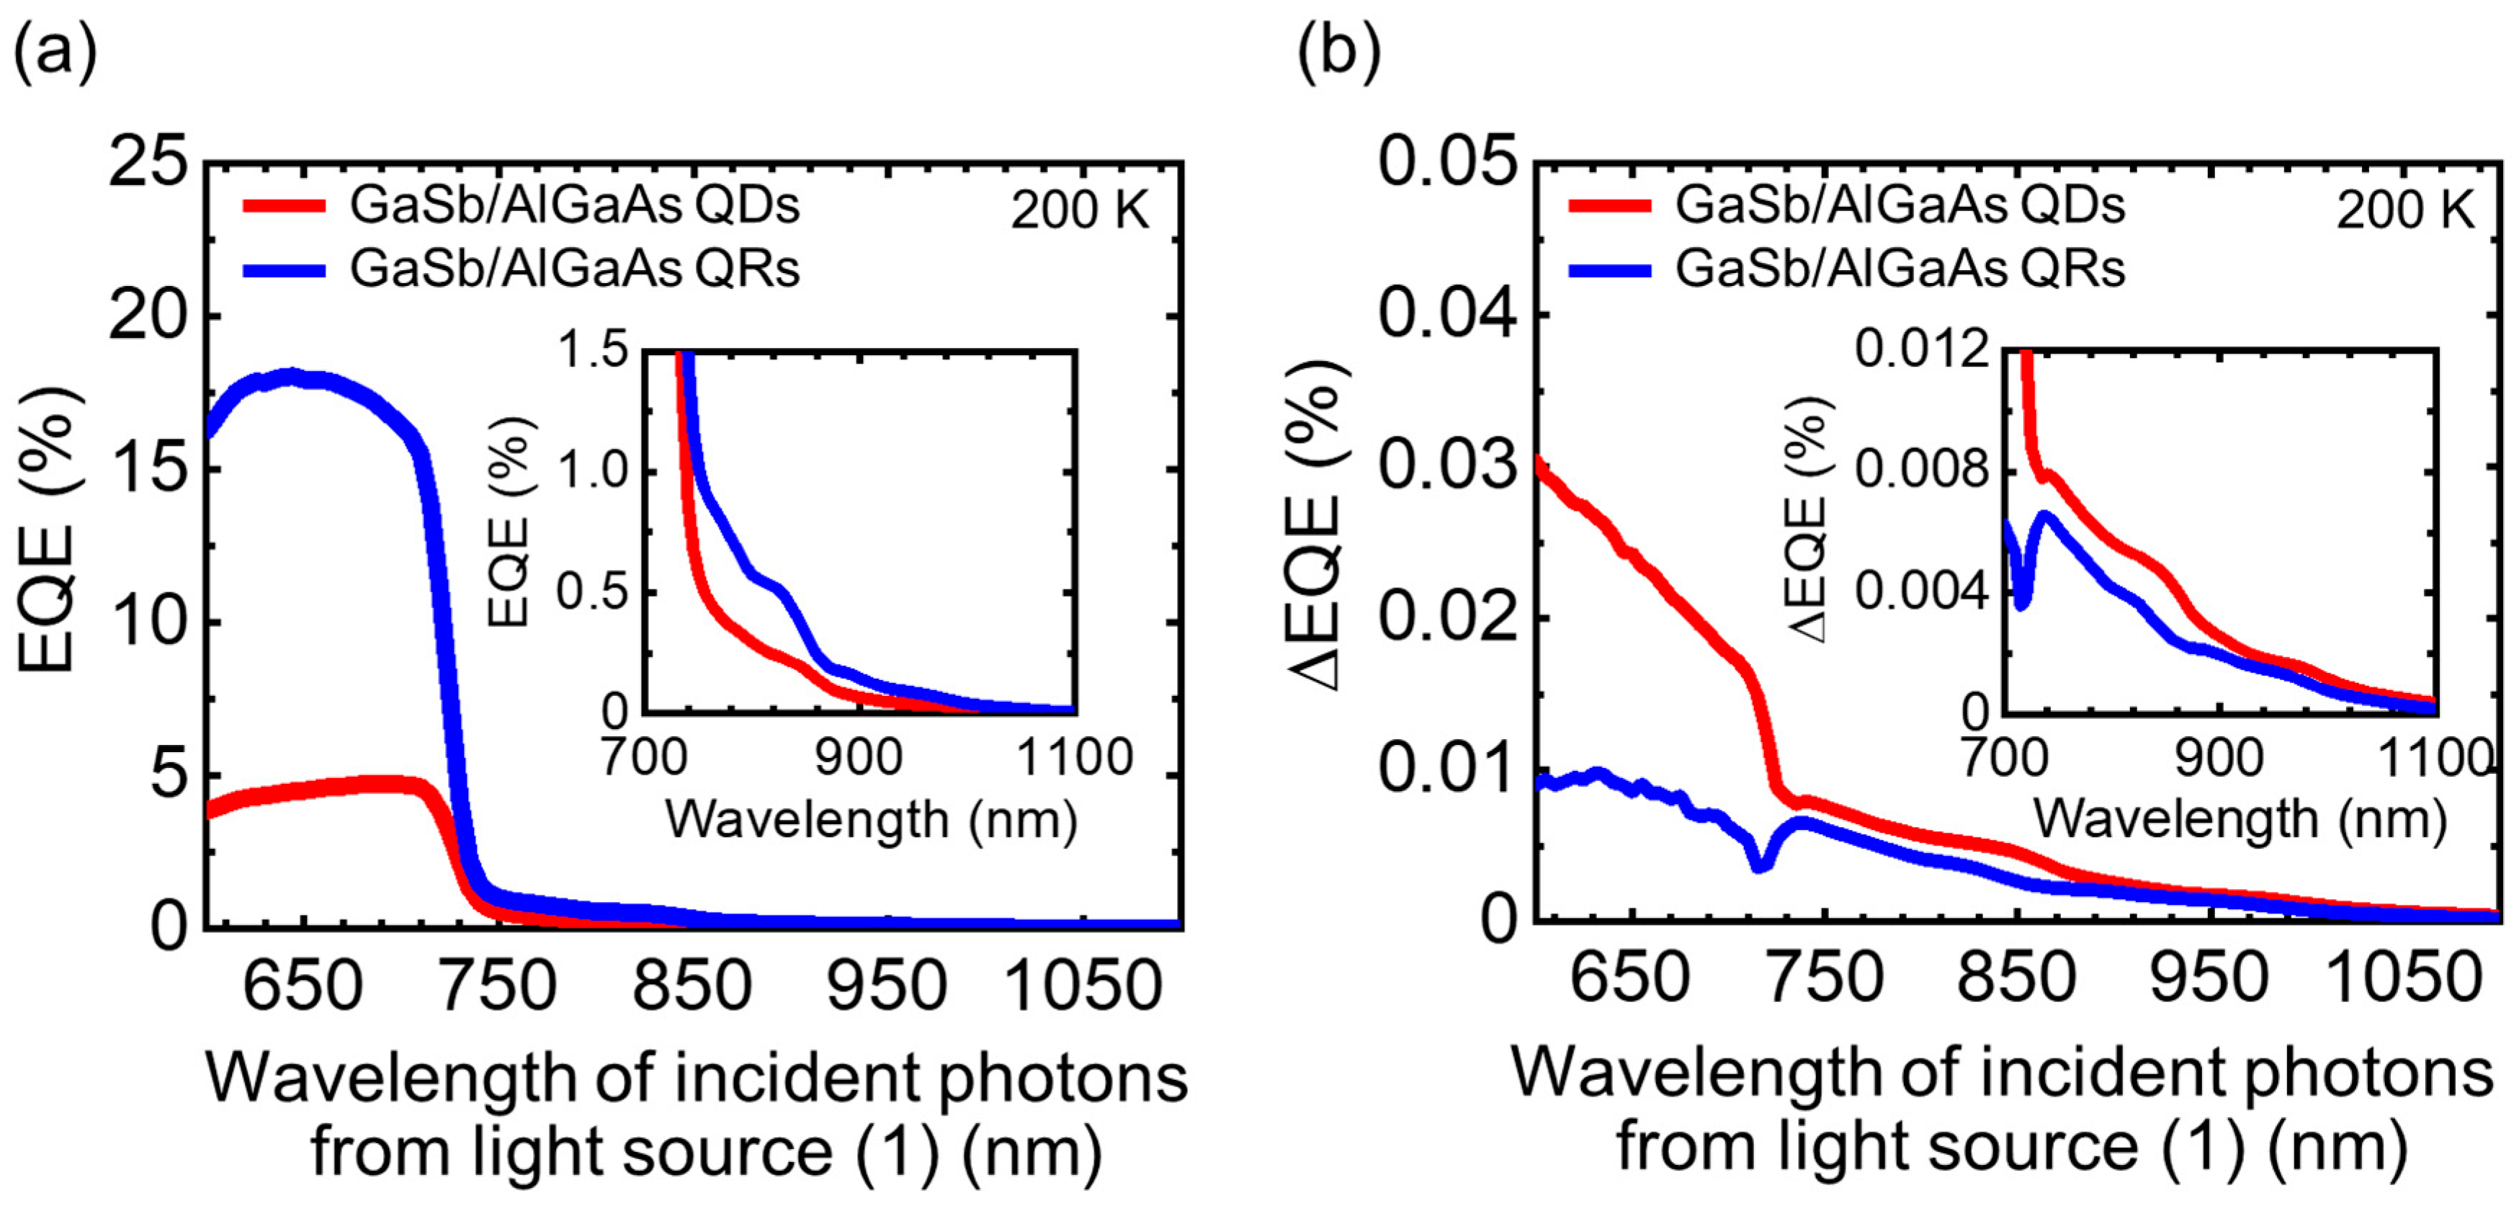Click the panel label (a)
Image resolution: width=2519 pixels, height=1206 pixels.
[55, 51]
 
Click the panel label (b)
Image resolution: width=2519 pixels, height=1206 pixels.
[1338, 51]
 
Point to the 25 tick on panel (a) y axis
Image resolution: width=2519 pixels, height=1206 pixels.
[148, 161]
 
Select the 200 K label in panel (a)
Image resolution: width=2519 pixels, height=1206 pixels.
[1080, 210]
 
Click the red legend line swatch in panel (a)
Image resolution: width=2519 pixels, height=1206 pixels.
[284, 205]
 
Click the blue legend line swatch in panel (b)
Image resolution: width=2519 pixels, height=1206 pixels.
[1609, 270]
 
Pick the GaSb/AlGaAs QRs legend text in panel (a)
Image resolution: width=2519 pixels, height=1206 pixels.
[575, 268]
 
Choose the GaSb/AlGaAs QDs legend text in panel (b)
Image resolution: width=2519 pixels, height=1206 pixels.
[1900, 205]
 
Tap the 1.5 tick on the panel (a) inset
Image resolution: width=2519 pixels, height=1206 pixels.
[593, 349]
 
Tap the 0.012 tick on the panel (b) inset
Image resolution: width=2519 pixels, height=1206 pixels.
[1923, 349]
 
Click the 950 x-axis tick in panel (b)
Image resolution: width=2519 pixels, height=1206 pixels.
[2208, 978]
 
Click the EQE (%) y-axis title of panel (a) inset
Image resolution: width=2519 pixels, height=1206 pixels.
[509, 522]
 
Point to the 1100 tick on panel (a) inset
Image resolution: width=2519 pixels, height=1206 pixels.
[1074, 757]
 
